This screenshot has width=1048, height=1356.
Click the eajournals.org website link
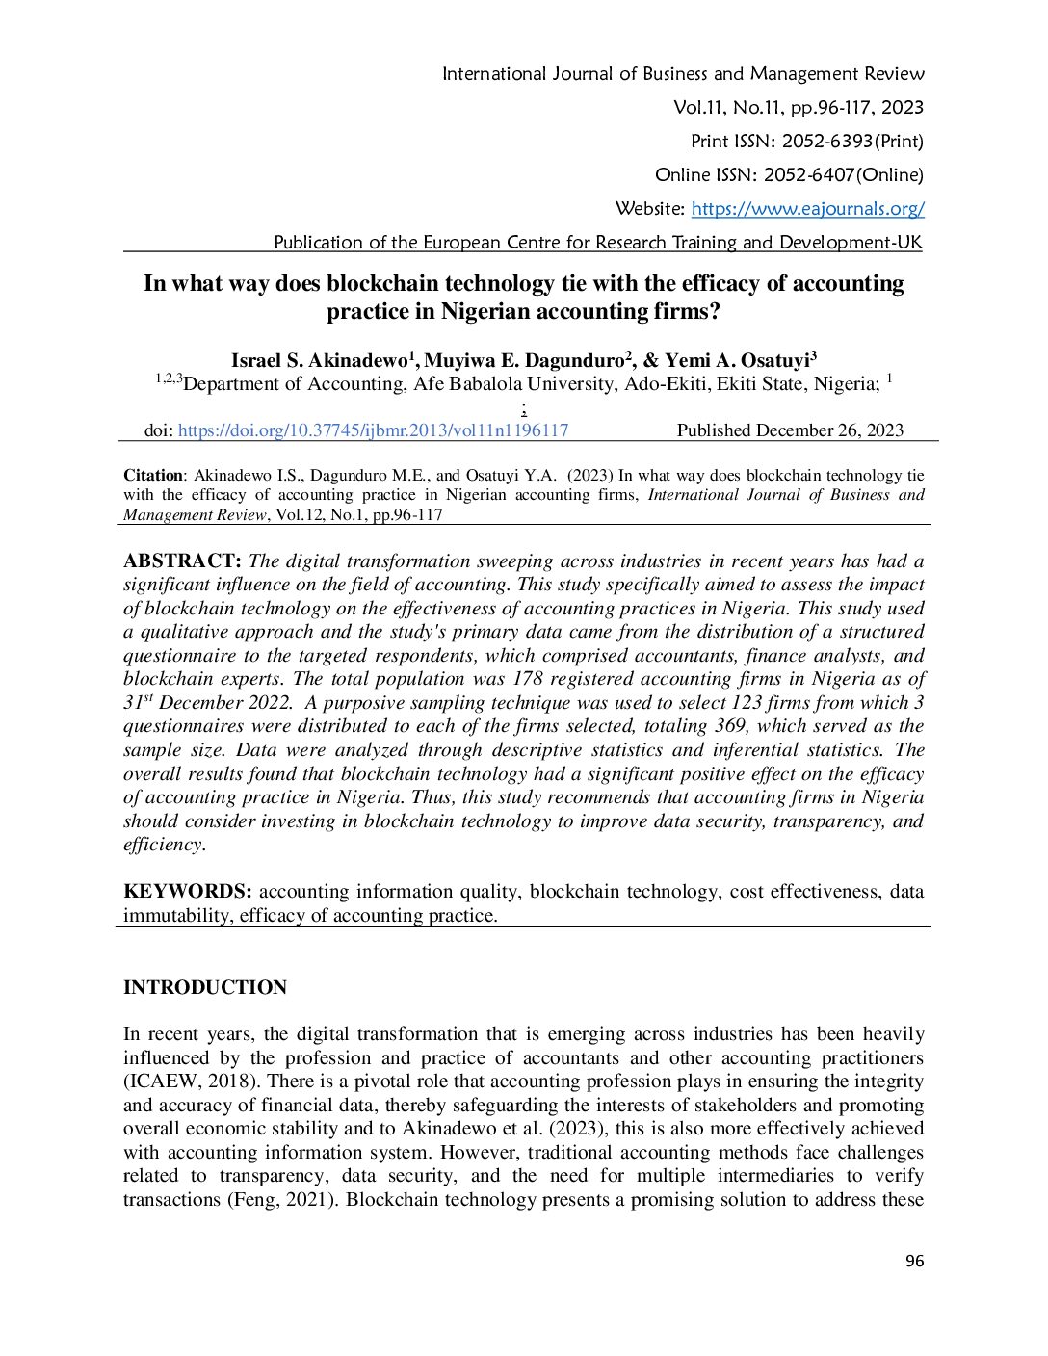tap(807, 208)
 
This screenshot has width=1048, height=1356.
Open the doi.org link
tap(373, 430)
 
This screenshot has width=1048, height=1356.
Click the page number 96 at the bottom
tap(914, 1261)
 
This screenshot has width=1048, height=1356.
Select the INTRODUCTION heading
tap(205, 987)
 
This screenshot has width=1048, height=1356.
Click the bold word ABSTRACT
tap(182, 561)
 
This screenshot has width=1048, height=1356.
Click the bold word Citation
tap(153, 475)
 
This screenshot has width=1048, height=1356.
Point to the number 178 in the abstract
tap(528, 679)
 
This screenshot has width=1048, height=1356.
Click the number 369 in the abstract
tap(730, 726)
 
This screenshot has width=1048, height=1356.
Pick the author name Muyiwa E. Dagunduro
tap(526, 361)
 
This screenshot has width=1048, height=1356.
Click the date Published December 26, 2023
tap(790, 430)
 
